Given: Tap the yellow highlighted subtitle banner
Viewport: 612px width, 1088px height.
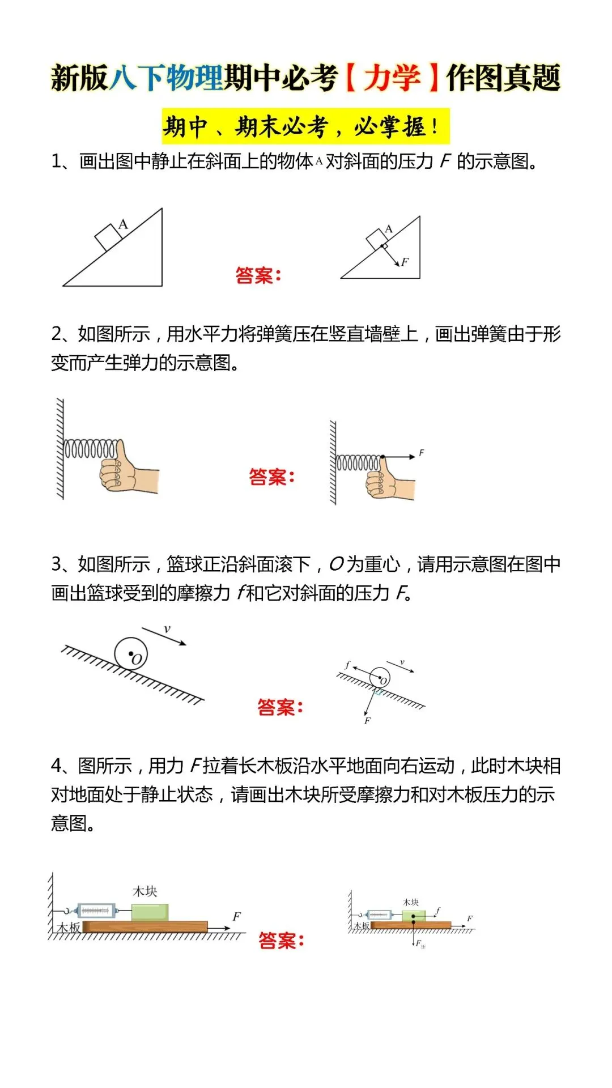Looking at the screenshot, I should point(305,126).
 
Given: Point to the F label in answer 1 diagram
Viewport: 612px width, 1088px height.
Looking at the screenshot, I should point(405,262).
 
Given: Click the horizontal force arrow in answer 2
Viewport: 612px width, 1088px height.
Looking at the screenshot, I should point(399,457).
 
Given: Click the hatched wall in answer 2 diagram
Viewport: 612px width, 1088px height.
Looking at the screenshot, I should point(333,462).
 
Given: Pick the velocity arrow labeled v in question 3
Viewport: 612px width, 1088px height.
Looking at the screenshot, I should point(164,635).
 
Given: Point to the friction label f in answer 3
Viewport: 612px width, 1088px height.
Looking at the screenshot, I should point(347,665).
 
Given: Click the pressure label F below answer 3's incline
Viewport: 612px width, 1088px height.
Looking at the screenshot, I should point(367,721).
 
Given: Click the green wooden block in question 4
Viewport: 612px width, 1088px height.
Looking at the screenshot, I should point(150,912).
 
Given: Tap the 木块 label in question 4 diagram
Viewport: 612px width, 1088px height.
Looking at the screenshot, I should point(144,891).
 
